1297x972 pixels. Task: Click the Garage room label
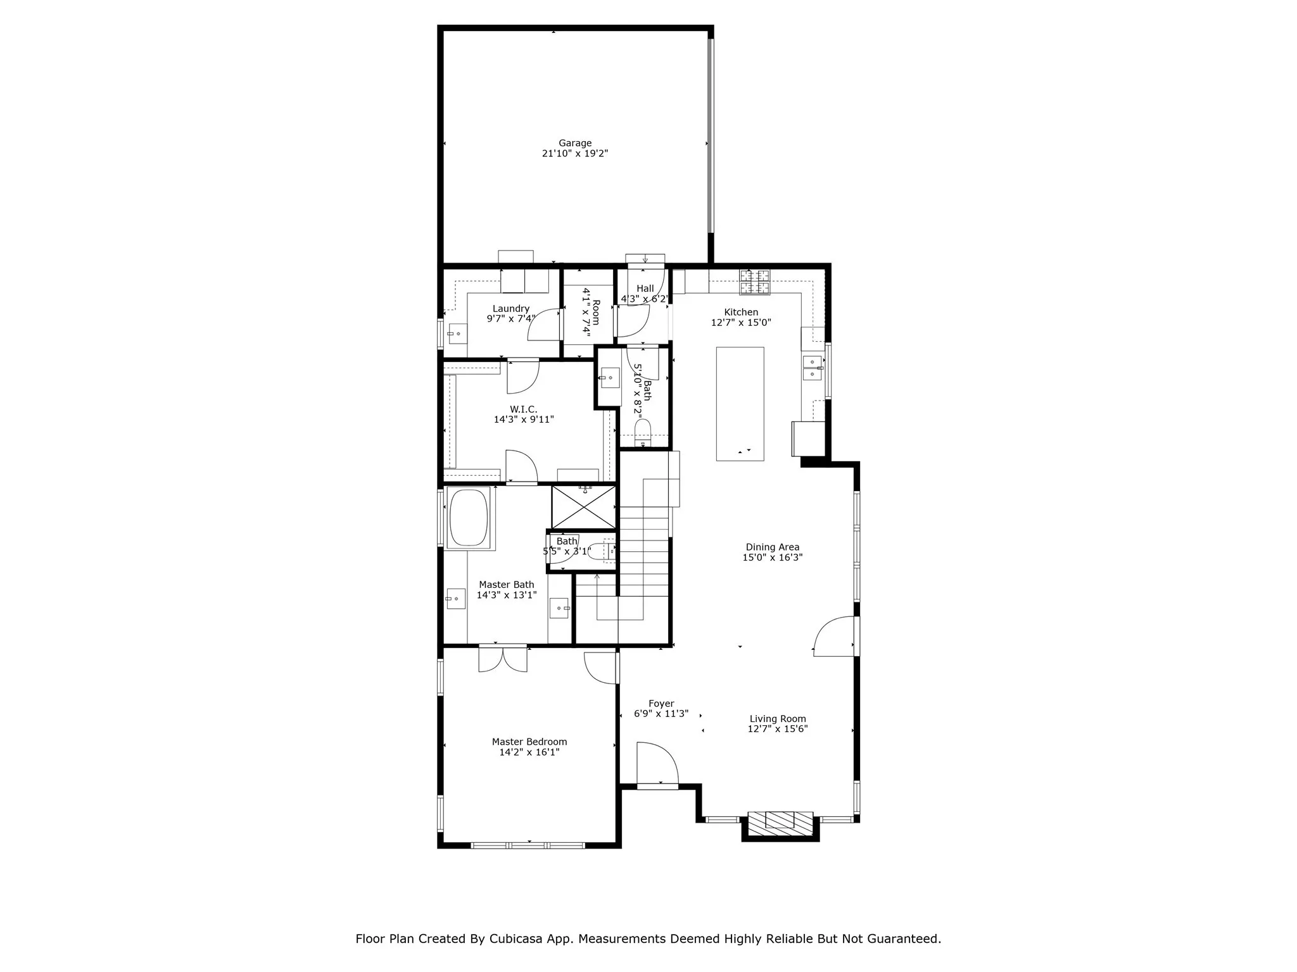pos(574,143)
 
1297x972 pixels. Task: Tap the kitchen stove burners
pos(755,282)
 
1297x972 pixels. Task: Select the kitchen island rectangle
pos(740,403)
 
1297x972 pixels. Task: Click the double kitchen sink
pos(812,368)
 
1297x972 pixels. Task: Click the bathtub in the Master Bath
pos(469,517)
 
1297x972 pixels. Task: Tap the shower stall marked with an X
pos(583,507)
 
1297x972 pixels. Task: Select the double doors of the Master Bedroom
pos(503,658)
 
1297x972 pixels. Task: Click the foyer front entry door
pos(657,766)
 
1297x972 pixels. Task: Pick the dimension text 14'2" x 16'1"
pos(529,752)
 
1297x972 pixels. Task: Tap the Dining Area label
pos(772,547)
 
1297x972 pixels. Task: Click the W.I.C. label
pos(523,409)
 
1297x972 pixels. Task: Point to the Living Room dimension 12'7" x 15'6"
pos(777,729)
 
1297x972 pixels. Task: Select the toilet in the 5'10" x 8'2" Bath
pos(642,433)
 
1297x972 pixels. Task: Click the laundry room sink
pos(457,333)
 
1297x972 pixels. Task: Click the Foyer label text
pos(661,704)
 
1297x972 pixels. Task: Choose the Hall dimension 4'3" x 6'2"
pos(644,299)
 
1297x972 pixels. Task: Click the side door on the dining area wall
pos(835,636)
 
